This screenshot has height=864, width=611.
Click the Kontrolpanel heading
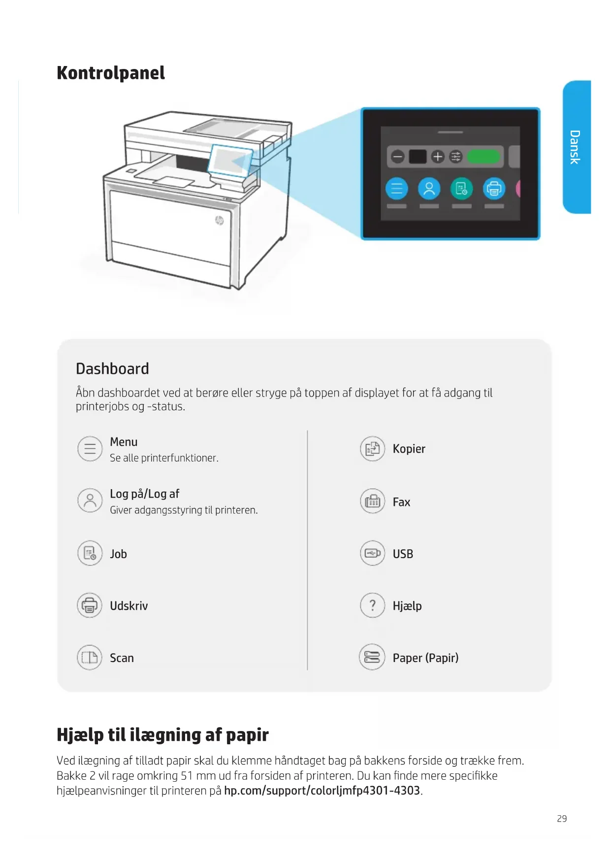[x=111, y=73]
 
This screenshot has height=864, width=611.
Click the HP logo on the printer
[x=220, y=220]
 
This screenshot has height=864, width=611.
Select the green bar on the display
[x=483, y=157]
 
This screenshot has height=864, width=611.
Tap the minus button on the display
[x=397, y=157]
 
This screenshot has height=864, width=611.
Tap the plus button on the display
[x=437, y=157]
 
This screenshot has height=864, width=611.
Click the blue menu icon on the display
[x=396, y=188]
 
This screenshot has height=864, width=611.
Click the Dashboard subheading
[x=112, y=368]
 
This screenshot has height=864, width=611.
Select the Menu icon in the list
[x=90, y=449]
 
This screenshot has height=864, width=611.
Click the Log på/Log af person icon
[x=90, y=500]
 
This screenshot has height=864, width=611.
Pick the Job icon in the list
[x=90, y=553]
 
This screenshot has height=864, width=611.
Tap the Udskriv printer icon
[x=90, y=605]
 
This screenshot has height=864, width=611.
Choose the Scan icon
[x=90, y=658]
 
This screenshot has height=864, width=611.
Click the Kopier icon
[x=372, y=449]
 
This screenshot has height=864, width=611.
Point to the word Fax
[x=401, y=502]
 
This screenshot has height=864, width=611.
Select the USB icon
[x=372, y=553]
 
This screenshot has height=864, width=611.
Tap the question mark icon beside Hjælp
[x=372, y=605]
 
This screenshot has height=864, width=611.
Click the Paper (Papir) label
[x=425, y=658]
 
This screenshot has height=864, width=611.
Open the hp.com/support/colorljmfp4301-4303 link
[x=322, y=791]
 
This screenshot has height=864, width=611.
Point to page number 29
[x=562, y=819]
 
